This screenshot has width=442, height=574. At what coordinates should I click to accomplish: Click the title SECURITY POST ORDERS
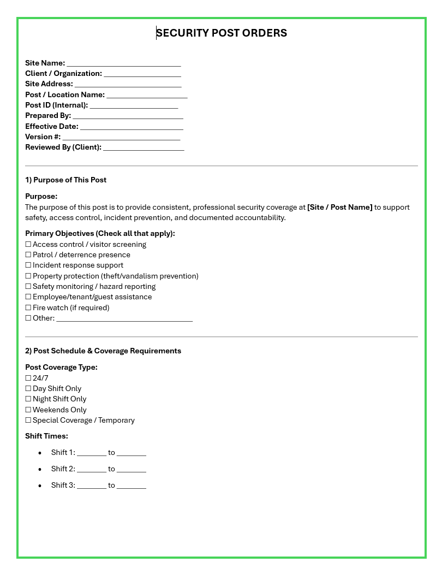coord(222,33)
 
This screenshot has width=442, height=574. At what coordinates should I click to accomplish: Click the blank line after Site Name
coord(124,63)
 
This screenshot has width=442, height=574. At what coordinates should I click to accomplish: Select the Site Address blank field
coord(128,84)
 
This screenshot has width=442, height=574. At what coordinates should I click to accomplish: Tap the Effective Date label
coord(52,126)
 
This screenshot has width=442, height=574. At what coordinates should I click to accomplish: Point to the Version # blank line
coord(121,137)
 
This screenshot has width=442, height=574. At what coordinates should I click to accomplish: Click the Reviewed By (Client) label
coord(63,147)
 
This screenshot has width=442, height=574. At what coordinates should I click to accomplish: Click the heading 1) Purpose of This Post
coord(66,180)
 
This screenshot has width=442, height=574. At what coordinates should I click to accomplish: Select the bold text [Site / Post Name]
coord(340,208)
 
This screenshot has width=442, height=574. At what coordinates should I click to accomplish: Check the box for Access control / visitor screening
coord(28,245)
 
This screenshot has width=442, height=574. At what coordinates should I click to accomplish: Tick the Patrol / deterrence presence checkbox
coord(28,255)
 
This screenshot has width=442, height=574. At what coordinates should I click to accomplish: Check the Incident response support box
coord(28,265)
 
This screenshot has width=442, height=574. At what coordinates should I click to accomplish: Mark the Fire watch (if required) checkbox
coord(28,308)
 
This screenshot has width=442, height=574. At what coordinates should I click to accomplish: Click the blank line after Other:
coord(124,318)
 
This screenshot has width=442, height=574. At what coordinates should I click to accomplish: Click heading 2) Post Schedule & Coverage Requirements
coord(103,351)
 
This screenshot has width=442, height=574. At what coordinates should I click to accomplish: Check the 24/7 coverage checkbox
coord(28,378)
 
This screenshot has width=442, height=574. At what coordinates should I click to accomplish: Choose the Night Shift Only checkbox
coord(28,399)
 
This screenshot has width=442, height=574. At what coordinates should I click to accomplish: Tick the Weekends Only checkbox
coord(28,410)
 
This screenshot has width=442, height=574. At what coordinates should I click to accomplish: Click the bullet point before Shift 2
coord(40,469)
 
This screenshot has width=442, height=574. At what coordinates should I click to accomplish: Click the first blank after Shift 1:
coord(92,453)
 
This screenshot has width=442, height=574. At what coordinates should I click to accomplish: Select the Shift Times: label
coord(47,436)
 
